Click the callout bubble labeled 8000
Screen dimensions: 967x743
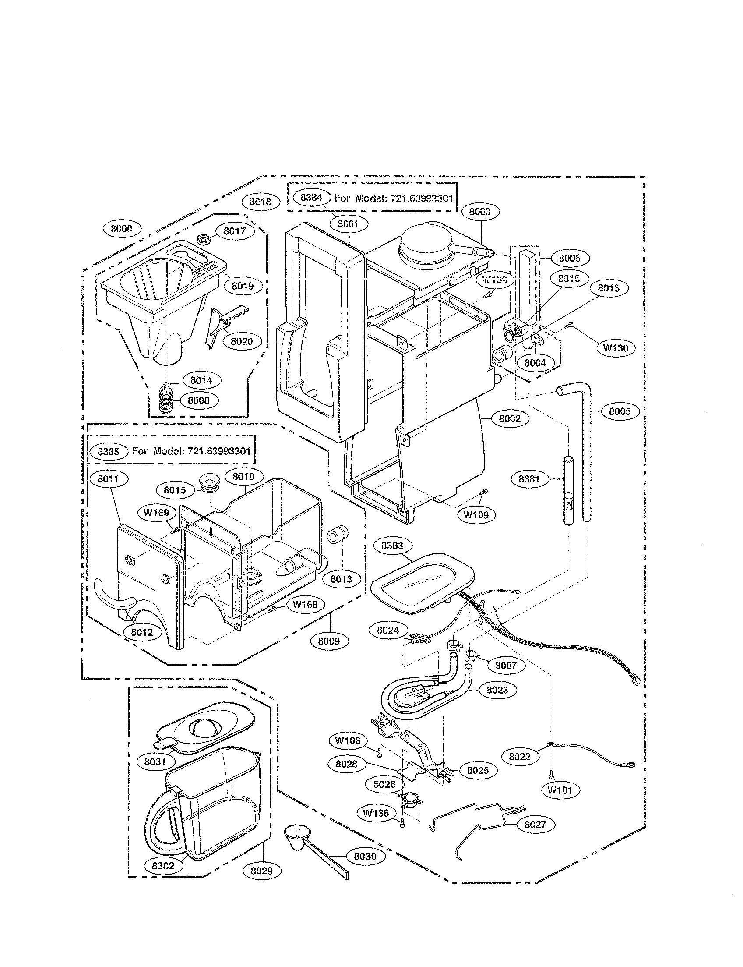[x=121, y=229]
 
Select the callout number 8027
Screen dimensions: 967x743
[x=535, y=825]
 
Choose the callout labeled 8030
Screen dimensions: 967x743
[x=365, y=856]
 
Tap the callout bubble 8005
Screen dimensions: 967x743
[x=620, y=411]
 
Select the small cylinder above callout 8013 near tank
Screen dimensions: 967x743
[x=338, y=536]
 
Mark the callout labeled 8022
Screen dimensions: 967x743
[x=519, y=756]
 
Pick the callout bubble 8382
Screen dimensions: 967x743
[x=163, y=866]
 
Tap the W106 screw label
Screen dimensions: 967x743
[x=348, y=740]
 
